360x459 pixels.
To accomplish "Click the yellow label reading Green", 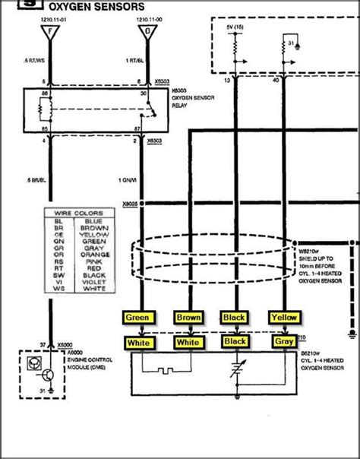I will point(139,317).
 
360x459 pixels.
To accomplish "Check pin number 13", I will point(226,78).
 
